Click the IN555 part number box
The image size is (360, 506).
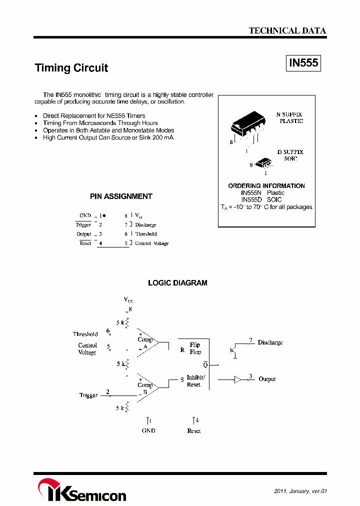click(x=303, y=63)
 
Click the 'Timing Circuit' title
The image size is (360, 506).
click(x=71, y=68)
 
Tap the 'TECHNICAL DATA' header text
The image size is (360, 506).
click(x=287, y=30)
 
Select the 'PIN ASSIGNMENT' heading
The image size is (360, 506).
click(x=121, y=196)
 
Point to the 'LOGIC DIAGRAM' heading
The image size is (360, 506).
click(x=177, y=283)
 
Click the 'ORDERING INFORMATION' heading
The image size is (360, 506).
click(x=266, y=186)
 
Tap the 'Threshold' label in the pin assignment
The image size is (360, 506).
click(x=146, y=234)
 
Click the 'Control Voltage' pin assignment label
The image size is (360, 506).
click(x=152, y=243)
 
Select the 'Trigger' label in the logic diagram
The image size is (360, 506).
click(x=88, y=395)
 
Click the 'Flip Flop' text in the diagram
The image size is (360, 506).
click(x=195, y=348)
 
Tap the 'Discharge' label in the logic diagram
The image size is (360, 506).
click(x=270, y=342)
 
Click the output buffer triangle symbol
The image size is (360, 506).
click(x=237, y=379)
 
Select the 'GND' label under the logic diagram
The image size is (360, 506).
click(x=148, y=430)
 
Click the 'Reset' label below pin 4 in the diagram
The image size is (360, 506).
click(x=194, y=430)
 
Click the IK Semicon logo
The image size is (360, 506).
click(x=82, y=490)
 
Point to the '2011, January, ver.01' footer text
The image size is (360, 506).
click(x=300, y=491)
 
